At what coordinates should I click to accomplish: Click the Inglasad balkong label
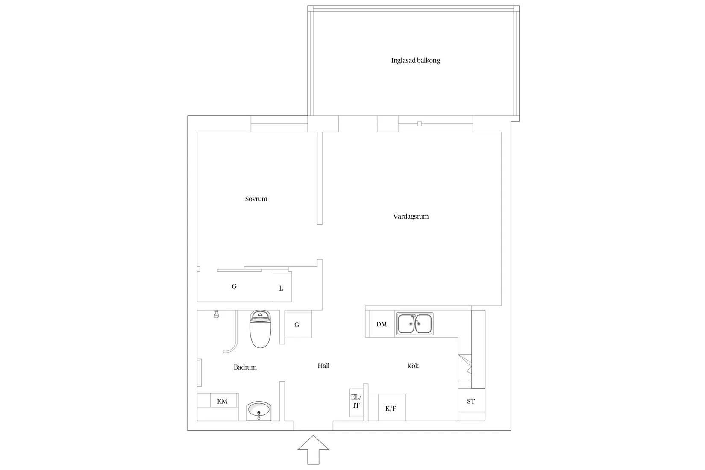(x=415, y=61)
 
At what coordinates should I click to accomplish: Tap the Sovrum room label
(x=256, y=199)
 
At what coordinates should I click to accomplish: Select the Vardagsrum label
(x=411, y=217)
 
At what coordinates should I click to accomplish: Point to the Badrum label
(x=245, y=367)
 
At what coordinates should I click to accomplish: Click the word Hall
(x=323, y=366)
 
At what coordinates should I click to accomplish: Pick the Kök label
(x=413, y=366)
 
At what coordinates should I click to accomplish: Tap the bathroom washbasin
(x=258, y=411)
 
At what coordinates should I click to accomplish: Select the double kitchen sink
(x=414, y=323)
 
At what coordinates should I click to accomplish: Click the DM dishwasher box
(x=381, y=324)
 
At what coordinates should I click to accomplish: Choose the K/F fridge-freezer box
(x=391, y=408)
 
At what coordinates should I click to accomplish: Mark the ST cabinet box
(x=471, y=401)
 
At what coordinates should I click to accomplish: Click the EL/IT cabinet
(x=355, y=402)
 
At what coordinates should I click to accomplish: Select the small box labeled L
(x=282, y=288)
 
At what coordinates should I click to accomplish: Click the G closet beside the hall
(x=297, y=325)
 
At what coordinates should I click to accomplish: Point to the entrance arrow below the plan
(x=313, y=449)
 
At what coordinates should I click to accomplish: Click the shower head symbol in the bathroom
(x=217, y=314)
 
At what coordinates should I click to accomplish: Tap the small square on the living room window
(x=419, y=124)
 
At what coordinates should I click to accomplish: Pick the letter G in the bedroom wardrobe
(x=234, y=286)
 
